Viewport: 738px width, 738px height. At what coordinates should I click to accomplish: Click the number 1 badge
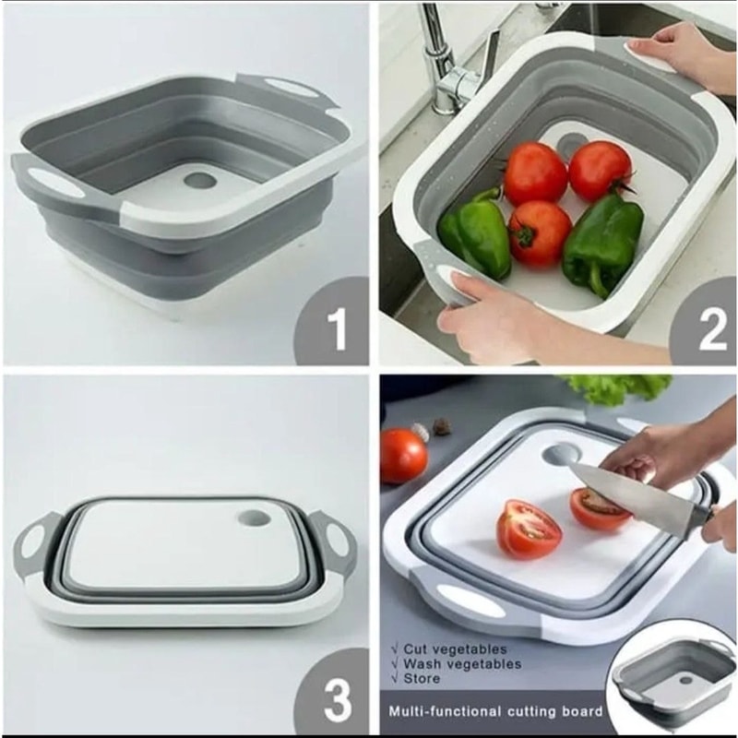coord(334,325)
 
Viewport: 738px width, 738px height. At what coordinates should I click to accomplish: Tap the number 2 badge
coord(706,325)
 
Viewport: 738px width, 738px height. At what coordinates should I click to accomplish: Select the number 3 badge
coord(335,696)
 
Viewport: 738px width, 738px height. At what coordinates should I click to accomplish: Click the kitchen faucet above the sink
coord(447,61)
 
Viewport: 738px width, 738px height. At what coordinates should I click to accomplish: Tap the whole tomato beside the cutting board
coord(403,456)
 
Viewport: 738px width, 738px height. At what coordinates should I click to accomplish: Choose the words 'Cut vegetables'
coord(454,649)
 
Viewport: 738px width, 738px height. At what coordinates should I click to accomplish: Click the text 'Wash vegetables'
coord(462,664)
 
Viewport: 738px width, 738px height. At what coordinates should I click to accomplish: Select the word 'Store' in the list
coord(422,679)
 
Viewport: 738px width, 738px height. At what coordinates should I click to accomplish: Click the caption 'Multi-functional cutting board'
coord(495,710)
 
